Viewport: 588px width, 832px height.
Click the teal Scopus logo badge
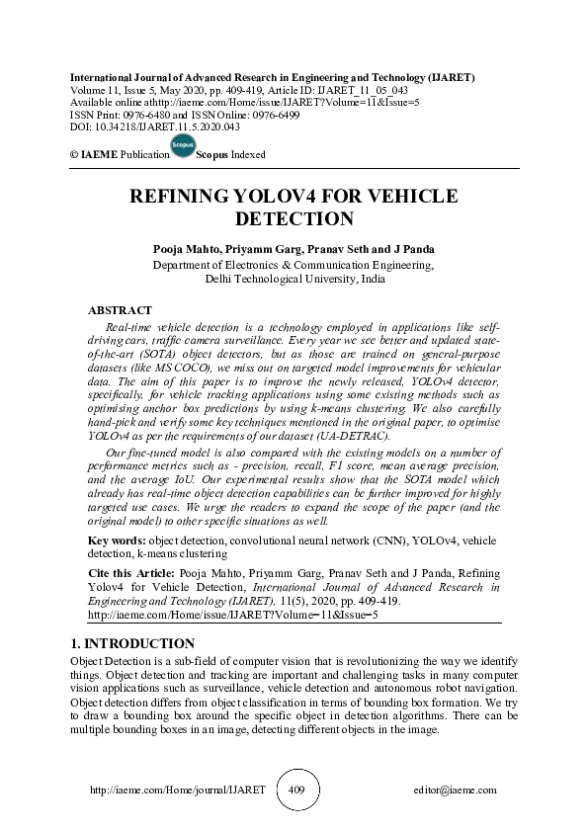(183, 146)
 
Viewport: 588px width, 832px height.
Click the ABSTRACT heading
(120, 310)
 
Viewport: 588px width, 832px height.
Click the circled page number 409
(296, 790)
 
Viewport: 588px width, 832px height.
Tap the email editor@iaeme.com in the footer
(456, 790)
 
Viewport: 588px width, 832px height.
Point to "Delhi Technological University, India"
(294, 280)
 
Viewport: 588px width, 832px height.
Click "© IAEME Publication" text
(114, 156)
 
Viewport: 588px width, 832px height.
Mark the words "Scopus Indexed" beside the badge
(231, 156)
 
